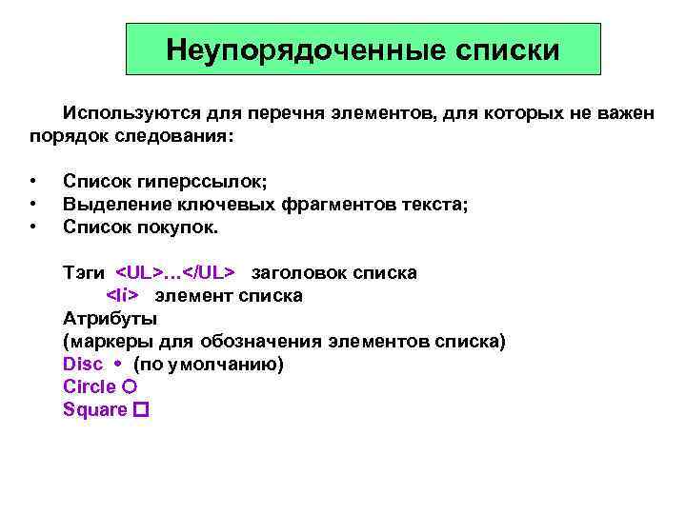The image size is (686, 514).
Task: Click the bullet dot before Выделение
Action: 32,204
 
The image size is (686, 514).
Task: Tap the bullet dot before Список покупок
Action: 32,227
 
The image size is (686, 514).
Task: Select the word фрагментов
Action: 341,204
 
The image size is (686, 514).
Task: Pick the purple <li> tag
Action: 122,295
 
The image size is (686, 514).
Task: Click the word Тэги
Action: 84,272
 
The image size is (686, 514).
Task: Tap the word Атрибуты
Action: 110,318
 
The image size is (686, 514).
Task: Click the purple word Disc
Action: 82,364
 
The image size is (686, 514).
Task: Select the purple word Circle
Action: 89,386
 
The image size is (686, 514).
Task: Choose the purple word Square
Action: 94,409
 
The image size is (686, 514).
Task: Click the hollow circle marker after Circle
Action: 130,386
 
